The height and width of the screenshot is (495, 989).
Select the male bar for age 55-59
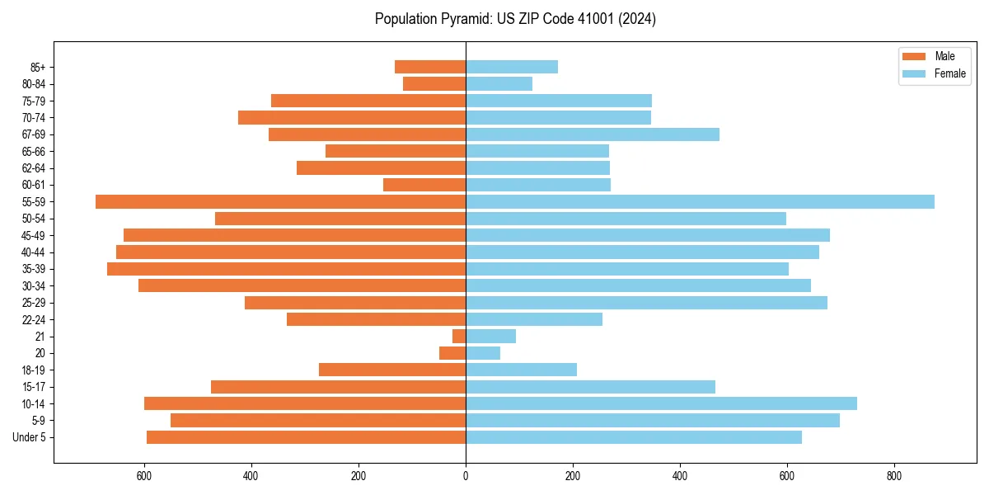click(280, 202)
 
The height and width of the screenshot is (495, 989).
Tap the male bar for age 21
click(459, 337)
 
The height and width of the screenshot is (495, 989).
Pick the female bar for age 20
click(483, 353)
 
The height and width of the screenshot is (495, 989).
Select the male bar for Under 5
click(306, 437)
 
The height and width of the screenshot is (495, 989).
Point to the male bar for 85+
click(430, 67)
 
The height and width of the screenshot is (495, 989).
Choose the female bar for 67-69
click(593, 134)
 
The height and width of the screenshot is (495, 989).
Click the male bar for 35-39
click(286, 269)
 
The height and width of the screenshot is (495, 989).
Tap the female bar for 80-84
click(499, 83)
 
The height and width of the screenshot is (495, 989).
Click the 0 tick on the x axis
click(466, 476)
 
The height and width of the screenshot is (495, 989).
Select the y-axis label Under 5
click(29, 437)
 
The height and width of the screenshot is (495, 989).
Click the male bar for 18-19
click(392, 370)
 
